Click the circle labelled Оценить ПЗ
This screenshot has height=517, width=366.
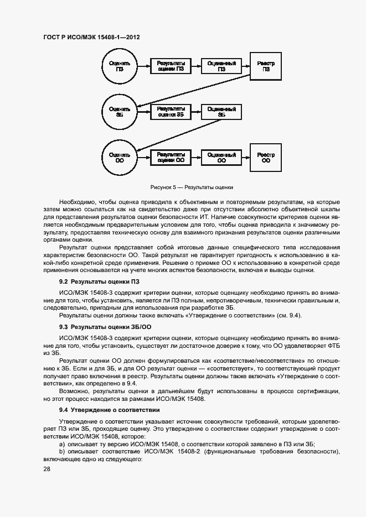click(120, 67)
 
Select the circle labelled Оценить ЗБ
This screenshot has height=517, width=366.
click(120, 112)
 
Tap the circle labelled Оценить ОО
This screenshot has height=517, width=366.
click(120, 158)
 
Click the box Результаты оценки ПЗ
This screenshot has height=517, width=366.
click(171, 67)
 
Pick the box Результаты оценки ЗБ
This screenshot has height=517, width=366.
click(171, 112)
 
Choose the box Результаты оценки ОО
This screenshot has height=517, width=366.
click(171, 158)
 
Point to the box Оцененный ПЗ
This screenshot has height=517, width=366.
click(221, 67)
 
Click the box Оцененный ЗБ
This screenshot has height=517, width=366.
click(221, 112)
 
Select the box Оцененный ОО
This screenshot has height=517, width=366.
click(221, 158)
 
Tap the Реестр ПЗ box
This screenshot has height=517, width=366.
click(266, 67)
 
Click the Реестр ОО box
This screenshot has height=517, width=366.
click(266, 158)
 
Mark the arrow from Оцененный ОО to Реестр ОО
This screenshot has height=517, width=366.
click(246, 158)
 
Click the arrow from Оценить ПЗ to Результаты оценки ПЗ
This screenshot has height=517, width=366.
click(143, 67)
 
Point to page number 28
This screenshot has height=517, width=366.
click(47, 469)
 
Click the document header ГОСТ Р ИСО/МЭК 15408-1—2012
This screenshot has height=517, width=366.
click(91, 37)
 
